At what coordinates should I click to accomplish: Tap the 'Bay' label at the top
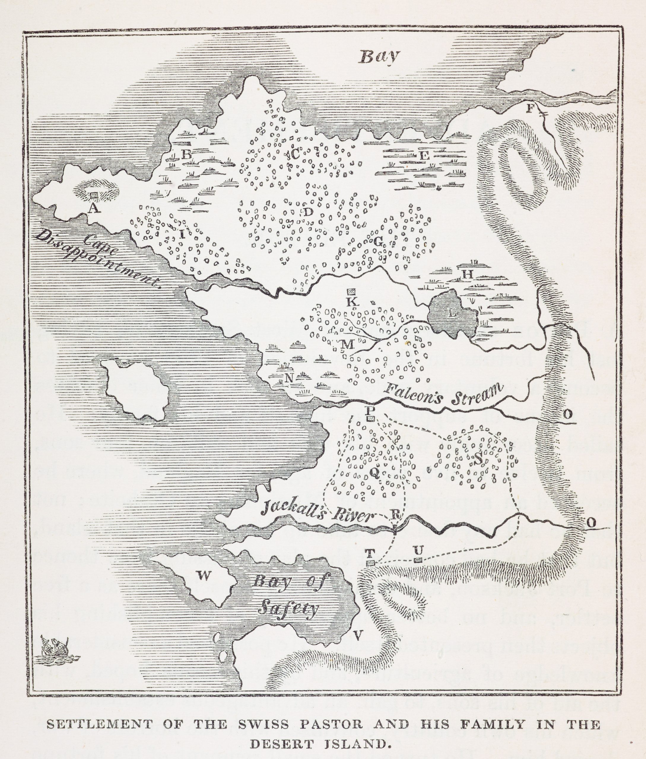[379, 56]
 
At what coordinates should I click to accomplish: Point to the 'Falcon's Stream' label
[443, 393]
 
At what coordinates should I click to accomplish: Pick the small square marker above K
[352, 291]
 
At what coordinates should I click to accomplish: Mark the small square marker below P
[371, 418]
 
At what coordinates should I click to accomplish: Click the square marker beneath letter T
[371, 563]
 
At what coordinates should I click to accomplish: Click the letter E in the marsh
[424, 156]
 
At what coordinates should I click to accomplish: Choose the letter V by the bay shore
[358, 636]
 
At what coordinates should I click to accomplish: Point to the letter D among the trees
[308, 212]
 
